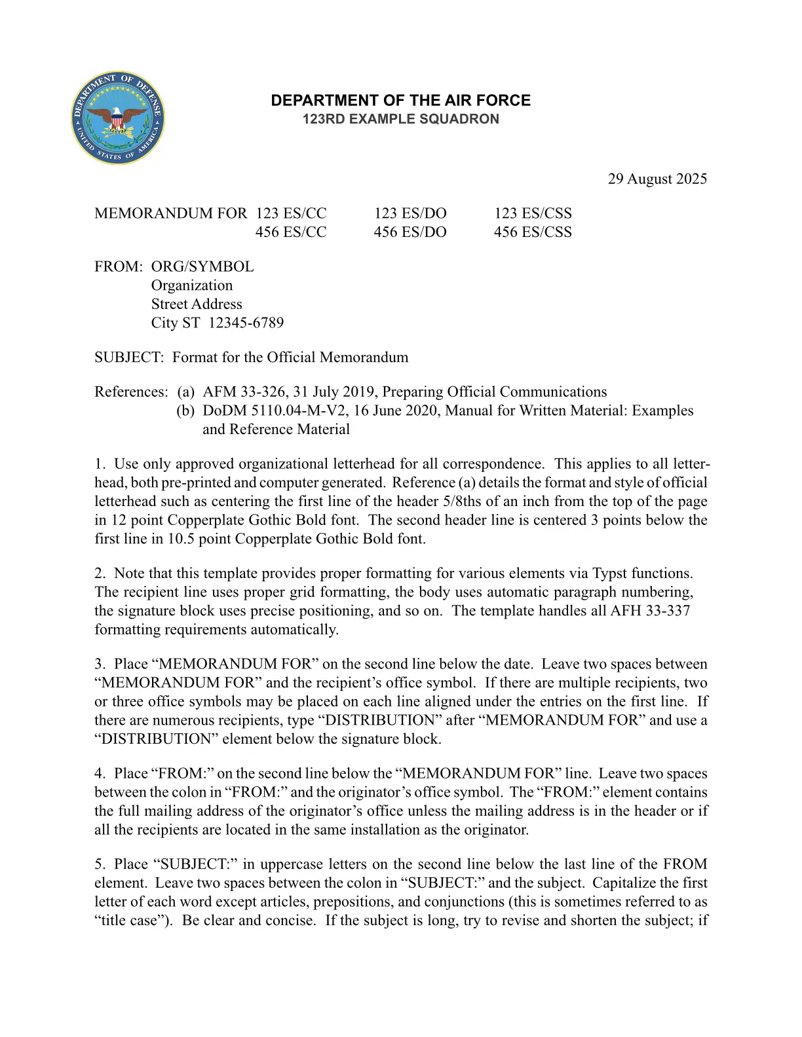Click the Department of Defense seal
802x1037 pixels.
(x=118, y=118)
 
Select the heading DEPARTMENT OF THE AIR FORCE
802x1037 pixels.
(x=400, y=101)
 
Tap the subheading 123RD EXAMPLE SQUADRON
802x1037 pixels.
(x=400, y=119)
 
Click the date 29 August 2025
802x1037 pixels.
(x=657, y=179)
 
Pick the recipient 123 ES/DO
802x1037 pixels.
(x=410, y=213)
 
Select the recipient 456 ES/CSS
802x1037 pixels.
(x=532, y=232)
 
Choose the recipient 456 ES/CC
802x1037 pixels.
(x=291, y=232)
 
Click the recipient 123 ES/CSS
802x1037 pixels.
(x=532, y=213)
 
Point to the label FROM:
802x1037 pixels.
(x=119, y=266)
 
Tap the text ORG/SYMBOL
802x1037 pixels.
(x=202, y=266)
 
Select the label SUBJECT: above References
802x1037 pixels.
(x=128, y=357)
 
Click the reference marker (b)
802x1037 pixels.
(x=185, y=410)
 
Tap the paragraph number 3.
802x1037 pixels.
(x=100, y=664)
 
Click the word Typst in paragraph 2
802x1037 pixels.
(x=609, y=573)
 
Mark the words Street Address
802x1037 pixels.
(x=197, y=304)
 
